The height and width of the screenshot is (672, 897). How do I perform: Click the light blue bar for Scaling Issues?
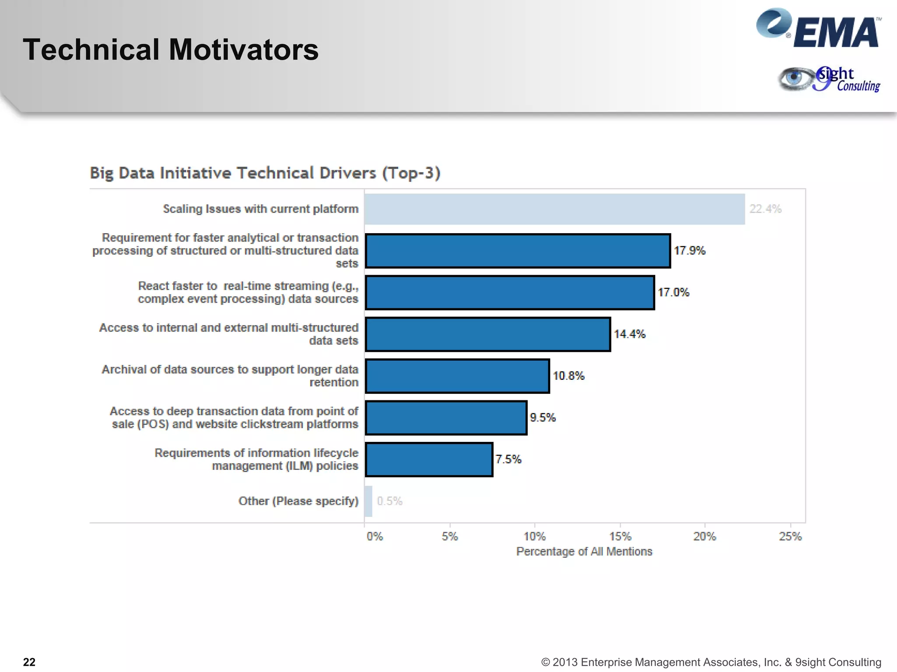[554, 209]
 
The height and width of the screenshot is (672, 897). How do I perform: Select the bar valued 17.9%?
[518, 251]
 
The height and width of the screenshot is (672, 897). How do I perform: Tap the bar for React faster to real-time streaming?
[510, 293]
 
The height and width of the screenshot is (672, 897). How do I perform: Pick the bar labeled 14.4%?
[488, 334]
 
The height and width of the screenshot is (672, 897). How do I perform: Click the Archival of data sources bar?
[457, 376]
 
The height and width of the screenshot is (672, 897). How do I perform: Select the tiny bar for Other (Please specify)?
[368, 501]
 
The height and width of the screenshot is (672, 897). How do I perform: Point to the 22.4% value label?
[765, 209]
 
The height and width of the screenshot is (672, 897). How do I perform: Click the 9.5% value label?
[543, 418]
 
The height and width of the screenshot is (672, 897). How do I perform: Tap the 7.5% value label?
[508, 459]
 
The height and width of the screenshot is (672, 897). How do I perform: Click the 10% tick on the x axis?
[535, 536]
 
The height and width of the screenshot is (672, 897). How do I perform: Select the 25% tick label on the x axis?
[790, 536]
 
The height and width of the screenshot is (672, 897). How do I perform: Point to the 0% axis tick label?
[374, 536]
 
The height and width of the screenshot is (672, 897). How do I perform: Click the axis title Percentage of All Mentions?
[584, 552]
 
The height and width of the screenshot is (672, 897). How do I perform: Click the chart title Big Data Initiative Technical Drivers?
[265, 173]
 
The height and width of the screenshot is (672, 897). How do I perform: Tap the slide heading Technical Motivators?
[171, 49]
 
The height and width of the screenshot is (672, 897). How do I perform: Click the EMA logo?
[818, 29]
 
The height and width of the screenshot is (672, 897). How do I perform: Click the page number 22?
[29, 662]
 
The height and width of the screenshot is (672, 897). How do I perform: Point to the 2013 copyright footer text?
[711, 662]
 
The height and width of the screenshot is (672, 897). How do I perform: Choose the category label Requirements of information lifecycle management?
[256, 459]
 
